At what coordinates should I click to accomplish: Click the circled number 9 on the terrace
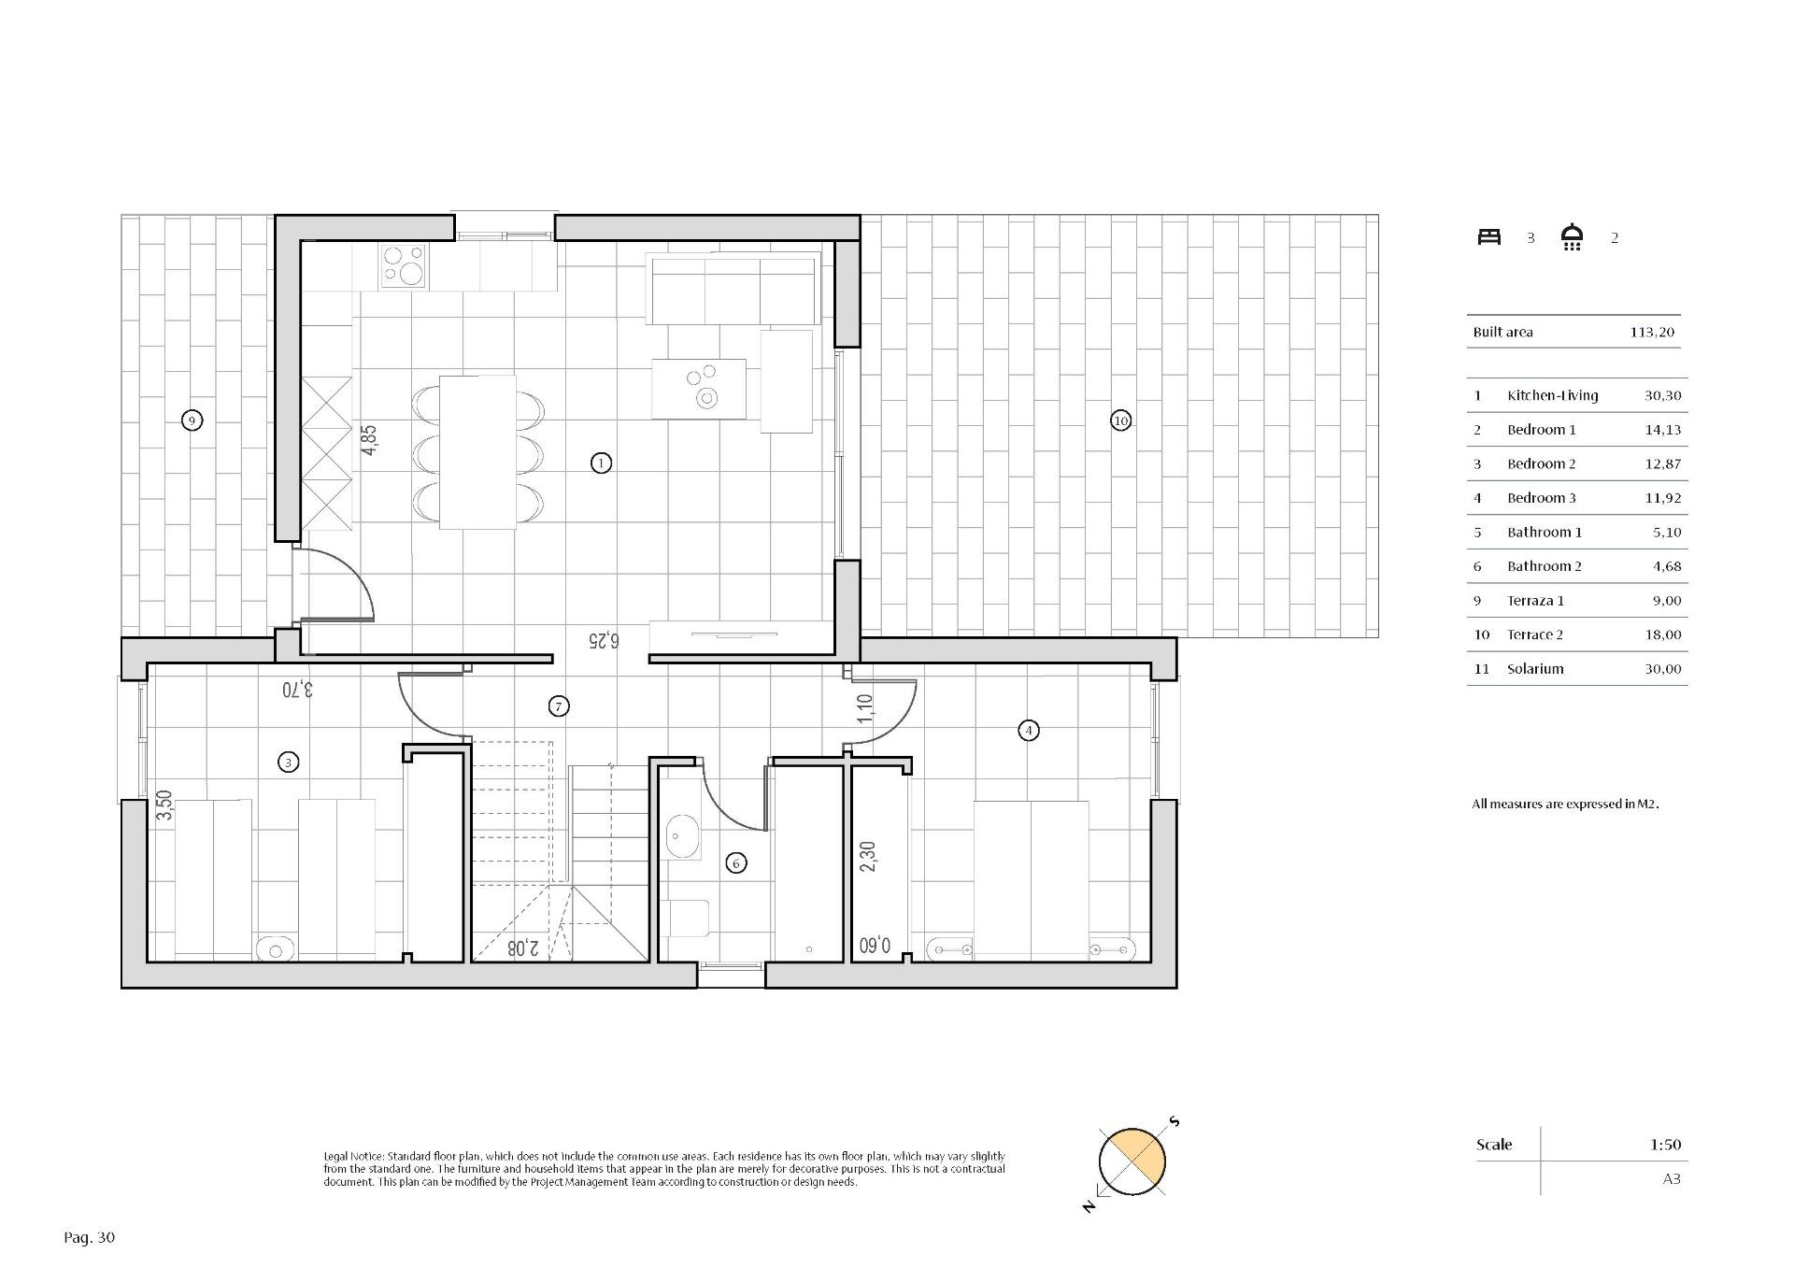click(192, 420)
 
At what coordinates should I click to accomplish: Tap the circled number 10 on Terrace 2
click(1120, 420)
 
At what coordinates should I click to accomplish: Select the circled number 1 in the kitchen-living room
click(601, 463)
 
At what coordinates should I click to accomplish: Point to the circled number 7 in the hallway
click(558, 706)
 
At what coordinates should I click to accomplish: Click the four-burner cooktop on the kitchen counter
click(404, 265)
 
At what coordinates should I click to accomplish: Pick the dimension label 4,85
click(370, 441)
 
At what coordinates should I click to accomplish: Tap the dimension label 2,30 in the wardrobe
click(868, 858)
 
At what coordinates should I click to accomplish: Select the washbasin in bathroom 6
click(683, 836)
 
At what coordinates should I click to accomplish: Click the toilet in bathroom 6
click(688, 918)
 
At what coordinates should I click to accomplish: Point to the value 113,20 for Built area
click(1652, 332)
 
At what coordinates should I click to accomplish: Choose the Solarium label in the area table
click(1534, 669)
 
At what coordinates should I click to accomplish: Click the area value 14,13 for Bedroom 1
click(1662, 430)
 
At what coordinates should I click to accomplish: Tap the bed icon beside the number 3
click(1488, 237)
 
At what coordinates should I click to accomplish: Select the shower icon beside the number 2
click(1573, 237)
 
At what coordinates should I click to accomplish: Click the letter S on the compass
click(1175, 1121)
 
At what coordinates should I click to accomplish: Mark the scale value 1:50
click(1665, 1144)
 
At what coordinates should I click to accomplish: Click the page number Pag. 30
click(90, 1237)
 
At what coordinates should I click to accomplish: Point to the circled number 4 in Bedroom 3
click(1028, 731)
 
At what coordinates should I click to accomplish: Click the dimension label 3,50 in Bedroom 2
click(164, 805)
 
